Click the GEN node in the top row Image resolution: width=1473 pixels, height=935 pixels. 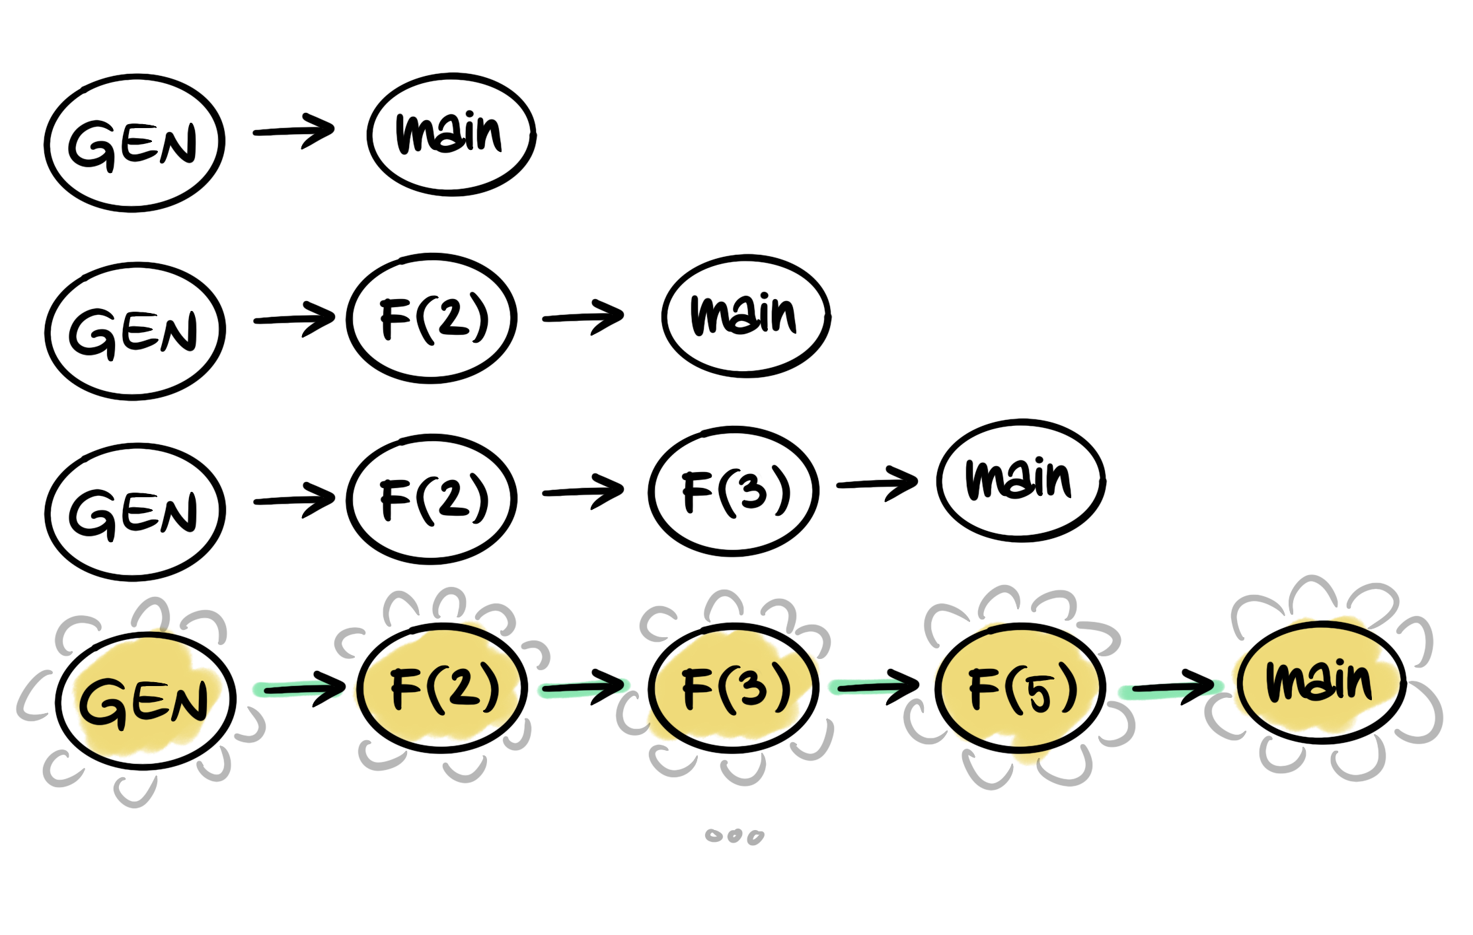pyautogui.click(x=134, y=143)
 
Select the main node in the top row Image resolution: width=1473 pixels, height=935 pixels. pyautogui.click(x=451, y=135)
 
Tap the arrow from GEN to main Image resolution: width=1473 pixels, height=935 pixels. pyautogui.click(x=294, y=131)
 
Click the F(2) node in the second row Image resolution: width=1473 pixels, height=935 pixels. pyautogui.click(x=432, y=318)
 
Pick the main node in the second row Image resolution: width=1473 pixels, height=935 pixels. pyautogui.click(x=746, y=316)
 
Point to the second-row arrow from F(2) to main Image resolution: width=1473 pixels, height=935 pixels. pyautogui.click(x=583, y=317)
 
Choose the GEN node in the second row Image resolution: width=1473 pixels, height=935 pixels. pyautogui.click(x=135, y=331)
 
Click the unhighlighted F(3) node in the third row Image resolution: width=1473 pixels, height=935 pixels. pyautogui.click(x=734, y=492)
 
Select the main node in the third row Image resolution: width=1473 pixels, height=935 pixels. pyautogui.click(x=1021, y=480)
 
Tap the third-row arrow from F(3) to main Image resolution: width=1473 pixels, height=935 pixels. pyautogui.click(x=877, y=484)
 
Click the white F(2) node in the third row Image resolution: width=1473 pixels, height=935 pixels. pyautogui.click(x=432, y=499)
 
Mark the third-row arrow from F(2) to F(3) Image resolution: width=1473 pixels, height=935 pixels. pyautogui.click(x=583, y=491)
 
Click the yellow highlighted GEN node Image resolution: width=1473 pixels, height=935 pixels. pyautogui.click(x=145, y=701)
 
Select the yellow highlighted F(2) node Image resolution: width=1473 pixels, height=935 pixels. pyautogui.click(x=442, y=688)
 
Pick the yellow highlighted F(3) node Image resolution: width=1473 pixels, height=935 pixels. pyautogui.click(x=734, y=688)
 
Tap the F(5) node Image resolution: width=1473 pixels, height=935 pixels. pyautogui.click(x=1021, y=688)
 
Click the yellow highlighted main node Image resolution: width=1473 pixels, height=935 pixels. pyautogui.click(x=1322, y=682)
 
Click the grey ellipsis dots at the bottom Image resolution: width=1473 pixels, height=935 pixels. pyautogui.click(x=734, y=837)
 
